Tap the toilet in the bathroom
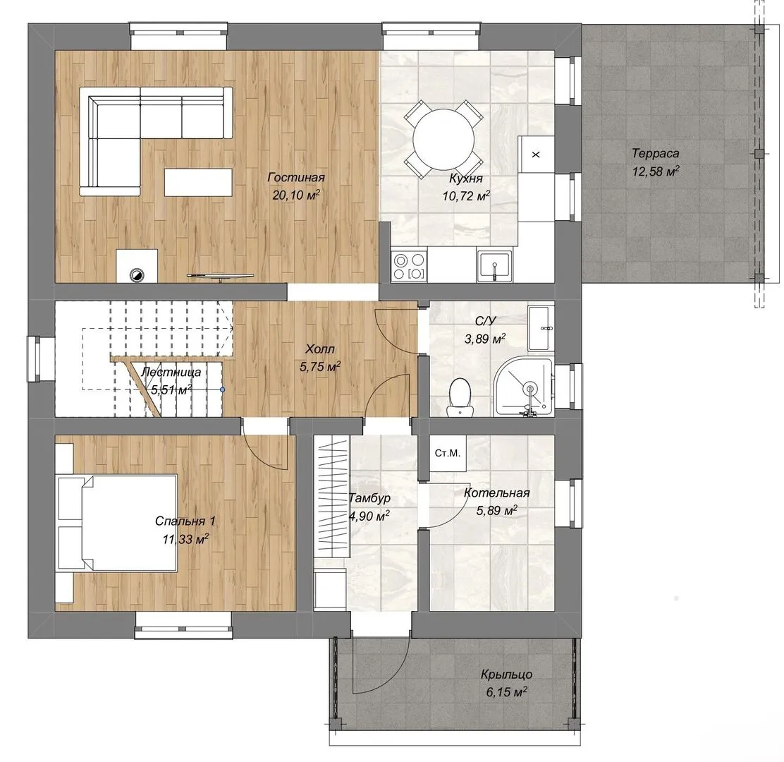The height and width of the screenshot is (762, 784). pos(459,397)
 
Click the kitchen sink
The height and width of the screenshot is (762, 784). pos(494,265)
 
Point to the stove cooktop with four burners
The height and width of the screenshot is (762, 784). pos(410,266)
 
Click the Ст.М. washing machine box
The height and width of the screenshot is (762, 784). pos(447,453)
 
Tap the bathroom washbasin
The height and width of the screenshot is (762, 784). pos(541,328)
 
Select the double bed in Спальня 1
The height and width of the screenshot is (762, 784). pos(118,523)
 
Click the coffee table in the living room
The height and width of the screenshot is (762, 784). pos(198,182)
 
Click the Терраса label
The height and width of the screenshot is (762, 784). pos(655,153)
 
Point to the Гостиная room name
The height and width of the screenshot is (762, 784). pos(296,177)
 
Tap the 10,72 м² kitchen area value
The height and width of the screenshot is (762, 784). pos(465,195)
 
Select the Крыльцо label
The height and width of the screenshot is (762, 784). pos(506,674)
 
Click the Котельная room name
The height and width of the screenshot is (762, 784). pos(496,492)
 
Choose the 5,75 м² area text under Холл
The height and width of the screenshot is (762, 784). pos(320,367)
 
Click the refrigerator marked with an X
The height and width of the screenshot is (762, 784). pos(536,154)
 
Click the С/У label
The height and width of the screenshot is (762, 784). pos(486,321)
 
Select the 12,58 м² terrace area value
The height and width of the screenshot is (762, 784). pos(656,171)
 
